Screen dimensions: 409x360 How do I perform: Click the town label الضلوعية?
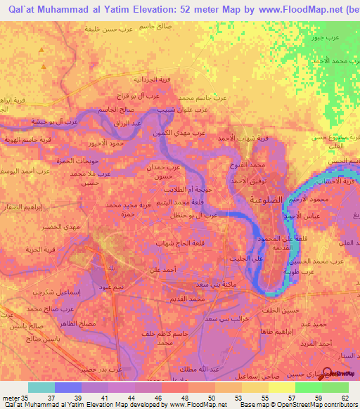point(268,199)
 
